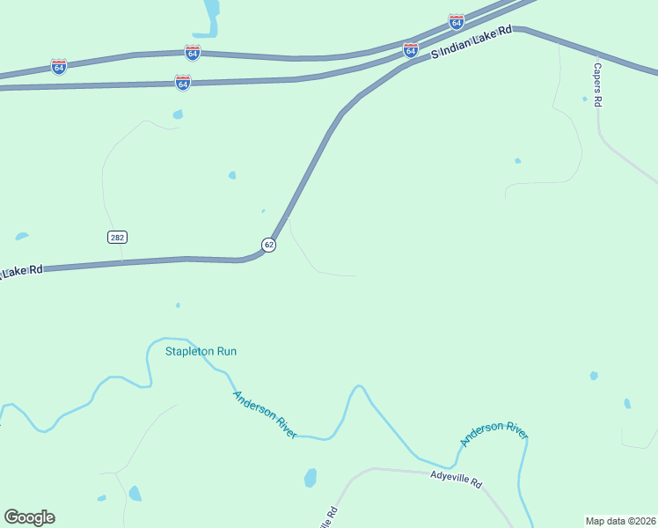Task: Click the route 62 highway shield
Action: point(268,245)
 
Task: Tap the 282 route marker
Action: point(117,237)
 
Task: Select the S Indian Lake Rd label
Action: point(471,42)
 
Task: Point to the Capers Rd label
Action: point(597,84)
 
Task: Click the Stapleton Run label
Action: point(201,351)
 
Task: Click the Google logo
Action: point(29,517)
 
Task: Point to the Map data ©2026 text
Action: point(620,520)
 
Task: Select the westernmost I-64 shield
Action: point(59,67)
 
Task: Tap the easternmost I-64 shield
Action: point(456,21)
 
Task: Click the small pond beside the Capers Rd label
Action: point(584,99)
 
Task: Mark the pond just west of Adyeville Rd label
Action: point(310,478)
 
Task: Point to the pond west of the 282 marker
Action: point(21,236)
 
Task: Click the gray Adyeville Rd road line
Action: point(413,471)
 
